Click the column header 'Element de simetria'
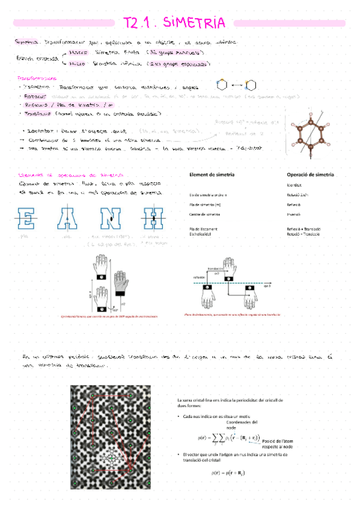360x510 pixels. (x=212, y=174)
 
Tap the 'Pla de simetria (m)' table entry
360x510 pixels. (x=206, y=204)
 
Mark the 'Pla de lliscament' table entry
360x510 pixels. (x=203, y=229)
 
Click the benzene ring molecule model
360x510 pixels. (x=312, y=132)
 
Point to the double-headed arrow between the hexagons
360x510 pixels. (x=237, y=84)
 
